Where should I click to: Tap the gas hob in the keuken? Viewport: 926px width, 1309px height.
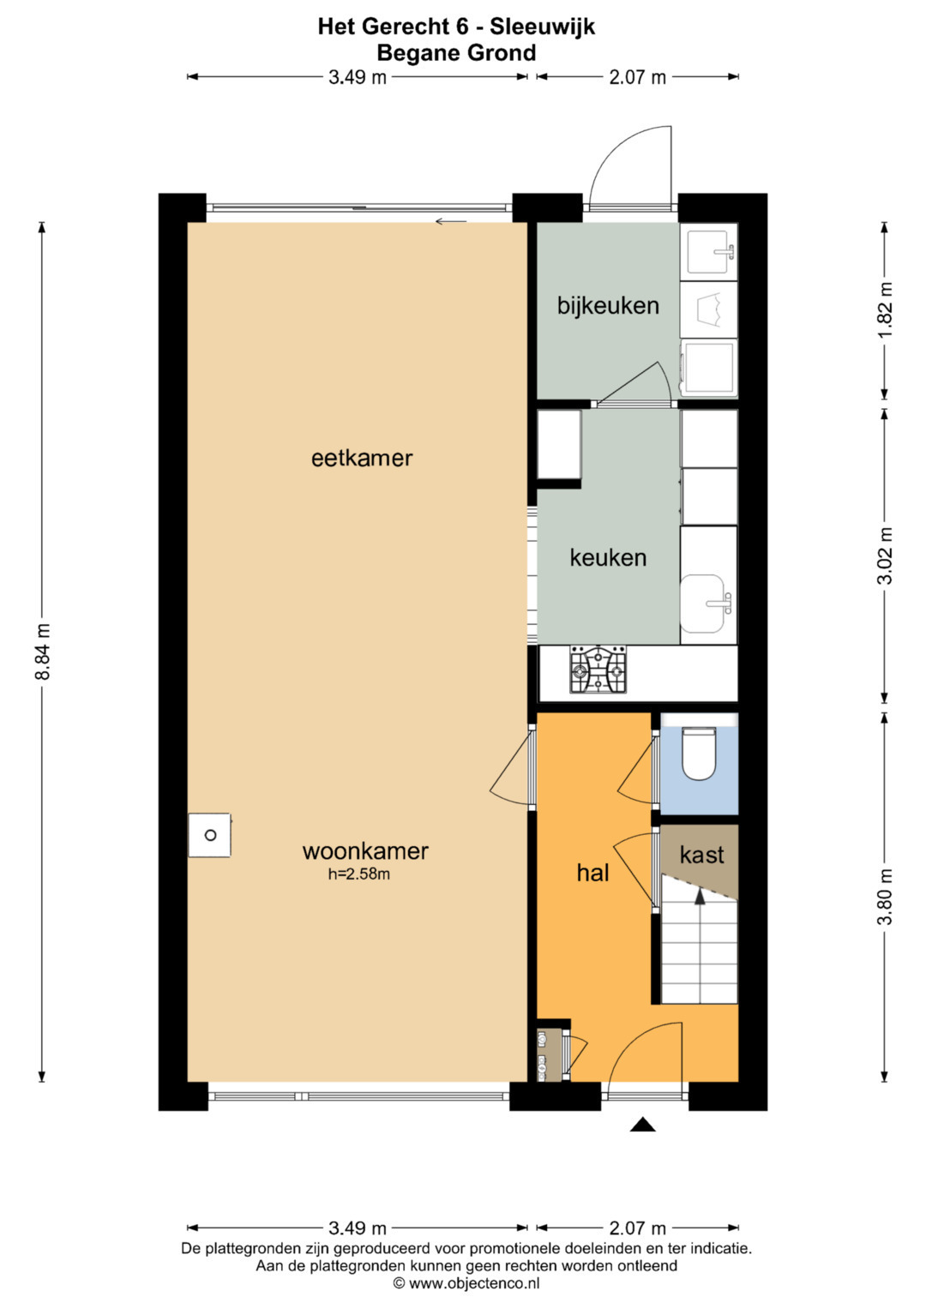click(598, 670)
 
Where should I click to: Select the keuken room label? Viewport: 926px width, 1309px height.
click(608, 558)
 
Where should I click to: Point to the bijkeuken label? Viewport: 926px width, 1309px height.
click(608, 306)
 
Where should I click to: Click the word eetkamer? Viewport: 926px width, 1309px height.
click(362, 458)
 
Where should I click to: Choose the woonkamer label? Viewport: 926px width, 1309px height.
click(365, 851)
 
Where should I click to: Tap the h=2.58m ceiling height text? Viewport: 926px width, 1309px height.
click(359, 874)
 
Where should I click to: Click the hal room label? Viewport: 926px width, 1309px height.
click(592, 873)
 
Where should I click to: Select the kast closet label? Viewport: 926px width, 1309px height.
click(701, 855)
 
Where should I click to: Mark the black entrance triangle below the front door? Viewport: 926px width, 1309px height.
click(642, 1124)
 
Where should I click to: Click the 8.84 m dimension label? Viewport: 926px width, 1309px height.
click(43, 651)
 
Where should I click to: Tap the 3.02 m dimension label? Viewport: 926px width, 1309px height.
click(887, 555)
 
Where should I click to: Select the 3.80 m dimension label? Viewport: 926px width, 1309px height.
click(887, 897)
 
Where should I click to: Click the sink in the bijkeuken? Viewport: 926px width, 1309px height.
click(710, 252)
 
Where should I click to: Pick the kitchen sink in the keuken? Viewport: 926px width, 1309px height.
click(707, 603)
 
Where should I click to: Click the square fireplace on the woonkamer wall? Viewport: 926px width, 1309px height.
click(209, 835)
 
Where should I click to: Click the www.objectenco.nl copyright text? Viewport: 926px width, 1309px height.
click(466, 1283)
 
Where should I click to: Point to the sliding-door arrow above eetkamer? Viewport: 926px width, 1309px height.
click(451, 221)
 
